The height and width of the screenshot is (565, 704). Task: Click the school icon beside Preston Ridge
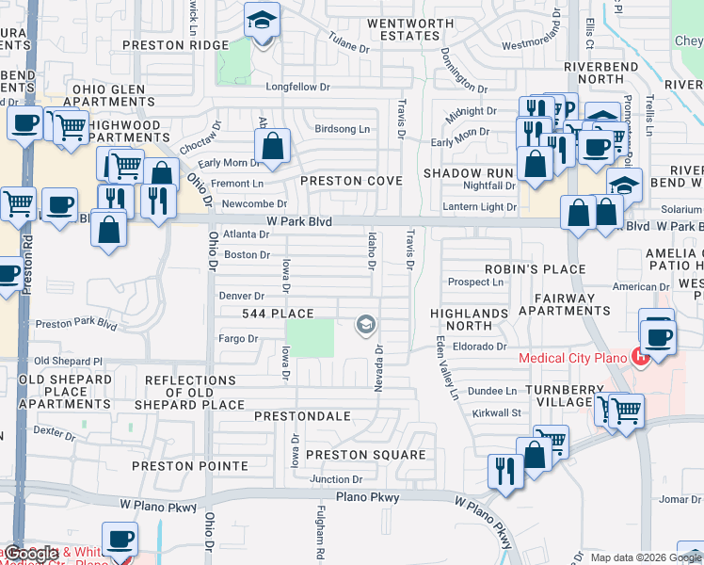[x=262, y=20]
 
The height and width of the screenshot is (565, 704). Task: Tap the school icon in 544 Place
[x=365, y=326]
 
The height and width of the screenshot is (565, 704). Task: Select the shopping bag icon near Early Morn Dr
[x=272, y=147]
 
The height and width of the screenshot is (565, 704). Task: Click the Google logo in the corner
[x=30, y=555]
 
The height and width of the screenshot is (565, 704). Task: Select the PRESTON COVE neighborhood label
[x=351, y=181]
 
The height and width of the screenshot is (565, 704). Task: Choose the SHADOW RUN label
[x=468, y=173]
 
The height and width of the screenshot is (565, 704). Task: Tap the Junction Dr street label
[x=336, y=480]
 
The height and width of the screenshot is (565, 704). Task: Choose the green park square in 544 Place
[x=310, y=338]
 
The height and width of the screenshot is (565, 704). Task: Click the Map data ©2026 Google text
[x=645, y=557]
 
